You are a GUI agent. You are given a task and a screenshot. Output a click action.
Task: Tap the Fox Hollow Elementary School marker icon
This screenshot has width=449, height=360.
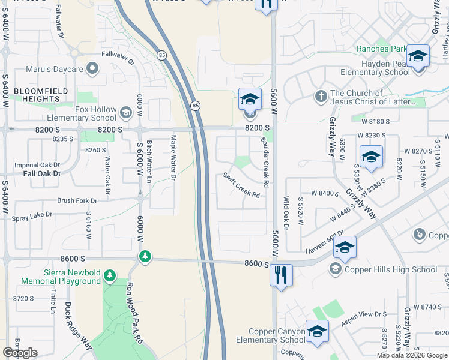(126, 112)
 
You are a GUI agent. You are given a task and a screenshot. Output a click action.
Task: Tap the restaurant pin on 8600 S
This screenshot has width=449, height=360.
(281, 275)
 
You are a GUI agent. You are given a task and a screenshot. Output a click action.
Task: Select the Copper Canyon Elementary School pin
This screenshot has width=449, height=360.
(317, 331)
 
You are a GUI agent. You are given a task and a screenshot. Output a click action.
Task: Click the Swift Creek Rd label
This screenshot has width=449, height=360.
(241, 185)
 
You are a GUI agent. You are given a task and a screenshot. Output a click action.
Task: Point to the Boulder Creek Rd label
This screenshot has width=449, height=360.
(264, 160)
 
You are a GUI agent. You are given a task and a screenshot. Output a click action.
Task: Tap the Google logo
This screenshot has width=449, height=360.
(20, 353)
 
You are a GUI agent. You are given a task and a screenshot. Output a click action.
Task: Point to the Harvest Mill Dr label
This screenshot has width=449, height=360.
(324, 243)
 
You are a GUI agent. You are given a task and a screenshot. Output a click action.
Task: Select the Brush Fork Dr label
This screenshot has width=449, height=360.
(77, 200)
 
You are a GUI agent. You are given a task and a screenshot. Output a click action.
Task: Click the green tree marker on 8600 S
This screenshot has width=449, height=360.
(145, 257)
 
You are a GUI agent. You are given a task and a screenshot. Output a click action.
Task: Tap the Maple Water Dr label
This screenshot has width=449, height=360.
(173, 160)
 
